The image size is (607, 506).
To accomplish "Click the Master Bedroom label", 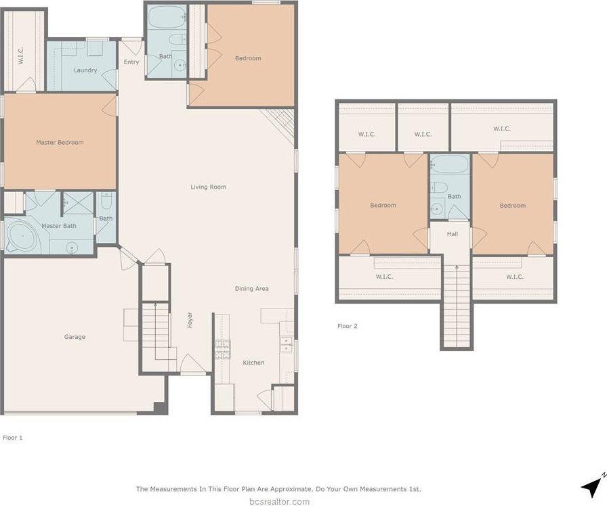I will coord(60,142).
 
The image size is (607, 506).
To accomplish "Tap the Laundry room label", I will coord(85,70).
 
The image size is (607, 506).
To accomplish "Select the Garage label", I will coord(75,337).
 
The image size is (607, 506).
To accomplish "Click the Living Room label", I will coord(208,187).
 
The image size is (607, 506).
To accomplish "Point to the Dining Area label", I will coord(251,289).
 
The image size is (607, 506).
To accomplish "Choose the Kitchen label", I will coord(253,363).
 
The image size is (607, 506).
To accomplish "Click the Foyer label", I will coord(190,320).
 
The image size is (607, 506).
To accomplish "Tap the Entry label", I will coord(131,62).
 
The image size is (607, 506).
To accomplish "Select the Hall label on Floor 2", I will coord(453,234).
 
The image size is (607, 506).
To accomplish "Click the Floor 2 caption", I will coord(347,326).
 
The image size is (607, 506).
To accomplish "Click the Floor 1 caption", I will coord(12,438).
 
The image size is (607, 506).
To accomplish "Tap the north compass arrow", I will coord(593,484).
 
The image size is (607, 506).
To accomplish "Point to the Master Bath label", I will coord(60,226).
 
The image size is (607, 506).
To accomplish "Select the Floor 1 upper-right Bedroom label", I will coord(248,58).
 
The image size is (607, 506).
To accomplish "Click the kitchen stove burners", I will coord(222,349).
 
